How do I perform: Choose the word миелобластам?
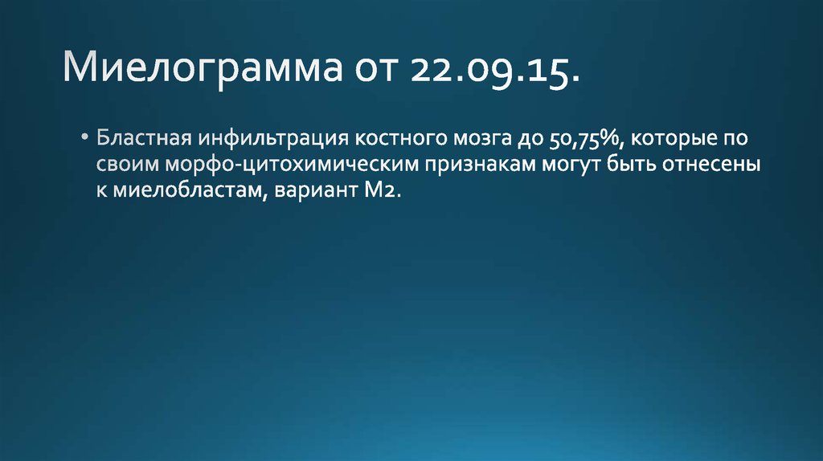[182, 194]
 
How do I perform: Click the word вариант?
[309, 194]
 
